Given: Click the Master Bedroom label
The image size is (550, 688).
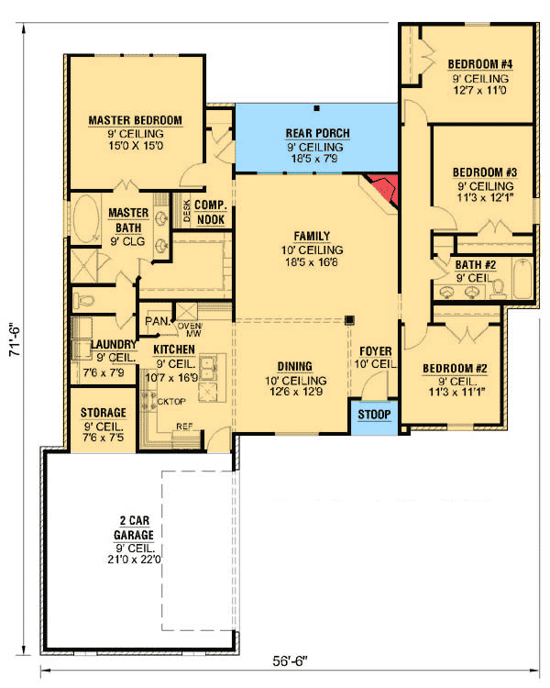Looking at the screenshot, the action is point(135,120).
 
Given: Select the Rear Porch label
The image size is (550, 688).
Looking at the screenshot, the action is point(317,133).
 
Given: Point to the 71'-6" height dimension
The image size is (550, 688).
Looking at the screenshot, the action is point(15,339).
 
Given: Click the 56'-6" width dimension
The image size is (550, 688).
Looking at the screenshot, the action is point(290,661).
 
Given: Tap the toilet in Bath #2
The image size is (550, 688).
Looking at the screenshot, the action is point(499,288).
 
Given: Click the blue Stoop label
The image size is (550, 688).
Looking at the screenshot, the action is point(374,415).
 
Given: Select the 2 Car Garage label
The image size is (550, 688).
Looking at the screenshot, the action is point(134,527).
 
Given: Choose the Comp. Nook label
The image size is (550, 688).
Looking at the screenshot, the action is point(211,212).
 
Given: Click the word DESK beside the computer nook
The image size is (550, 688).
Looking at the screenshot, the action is point(187,211).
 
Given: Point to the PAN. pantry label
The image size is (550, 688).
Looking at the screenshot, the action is point(158,321).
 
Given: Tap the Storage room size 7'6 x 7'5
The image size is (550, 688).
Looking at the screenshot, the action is point(103,438).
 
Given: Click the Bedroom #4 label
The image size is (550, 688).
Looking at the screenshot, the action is point(479,64).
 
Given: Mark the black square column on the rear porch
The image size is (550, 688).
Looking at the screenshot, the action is point(316,108).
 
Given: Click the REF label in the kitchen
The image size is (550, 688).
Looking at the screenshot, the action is point(184,426).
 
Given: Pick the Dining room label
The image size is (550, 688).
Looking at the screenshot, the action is point(295,366).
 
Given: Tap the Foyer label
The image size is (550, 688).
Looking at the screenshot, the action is point(376,351).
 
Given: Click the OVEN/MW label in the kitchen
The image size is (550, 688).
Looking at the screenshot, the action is point(190,330).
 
